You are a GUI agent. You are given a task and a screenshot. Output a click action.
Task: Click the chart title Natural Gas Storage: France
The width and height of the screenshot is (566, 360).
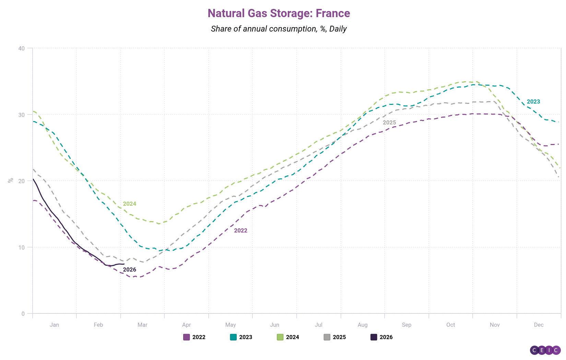click(x=279, y=13)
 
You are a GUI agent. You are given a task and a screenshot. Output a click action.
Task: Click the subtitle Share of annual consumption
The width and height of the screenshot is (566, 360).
click(x=279, y=29)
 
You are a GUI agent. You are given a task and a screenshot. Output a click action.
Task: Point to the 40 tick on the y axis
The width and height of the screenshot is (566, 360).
click(x=22, y=48)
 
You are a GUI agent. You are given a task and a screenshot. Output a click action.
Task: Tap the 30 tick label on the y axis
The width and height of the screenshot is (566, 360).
click(x=22, y=115)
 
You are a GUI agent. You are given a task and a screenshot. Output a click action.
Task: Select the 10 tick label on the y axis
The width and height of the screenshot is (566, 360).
click(x=22, y=247)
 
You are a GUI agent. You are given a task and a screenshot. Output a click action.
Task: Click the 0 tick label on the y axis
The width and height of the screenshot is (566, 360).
click(x=23, y=314)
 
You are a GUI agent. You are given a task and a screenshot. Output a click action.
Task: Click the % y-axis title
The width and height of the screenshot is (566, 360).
click(x=11, y=180)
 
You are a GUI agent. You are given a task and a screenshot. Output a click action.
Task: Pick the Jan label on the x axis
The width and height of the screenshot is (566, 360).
click(x=54, y=325)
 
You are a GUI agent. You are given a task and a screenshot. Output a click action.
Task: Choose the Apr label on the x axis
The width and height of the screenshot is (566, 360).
click(x=186, y=325)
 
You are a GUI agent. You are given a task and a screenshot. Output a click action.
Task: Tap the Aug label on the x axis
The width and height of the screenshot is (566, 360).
click(x=363, y=325)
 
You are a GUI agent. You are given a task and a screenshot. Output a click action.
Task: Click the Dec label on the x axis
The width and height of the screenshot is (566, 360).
click(x=539, y=325)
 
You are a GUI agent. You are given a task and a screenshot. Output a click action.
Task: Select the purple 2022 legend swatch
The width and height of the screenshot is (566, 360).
click(x=187, y=337)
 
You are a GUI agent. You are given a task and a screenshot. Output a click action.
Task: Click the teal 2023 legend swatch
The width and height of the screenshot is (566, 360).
click(x=233, y=337)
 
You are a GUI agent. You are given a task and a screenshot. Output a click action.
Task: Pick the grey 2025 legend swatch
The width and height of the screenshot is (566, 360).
click(x=327, y=337)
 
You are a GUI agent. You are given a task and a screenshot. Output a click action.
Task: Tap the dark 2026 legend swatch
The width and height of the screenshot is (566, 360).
click(x=374, y=337)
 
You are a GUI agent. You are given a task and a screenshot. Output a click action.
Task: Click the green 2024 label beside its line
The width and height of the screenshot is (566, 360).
click(x=130, y=204)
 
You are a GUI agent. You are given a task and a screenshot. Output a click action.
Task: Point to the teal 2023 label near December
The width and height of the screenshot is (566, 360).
click(x=533, y=101)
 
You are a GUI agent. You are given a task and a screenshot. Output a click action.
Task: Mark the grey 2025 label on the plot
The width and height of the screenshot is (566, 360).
click(x=389, y=122)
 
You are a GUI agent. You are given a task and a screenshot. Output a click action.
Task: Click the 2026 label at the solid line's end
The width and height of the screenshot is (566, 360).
click(x=130, y=269)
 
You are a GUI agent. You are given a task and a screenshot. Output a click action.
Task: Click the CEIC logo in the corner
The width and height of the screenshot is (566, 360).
click(x=545, y=350)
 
